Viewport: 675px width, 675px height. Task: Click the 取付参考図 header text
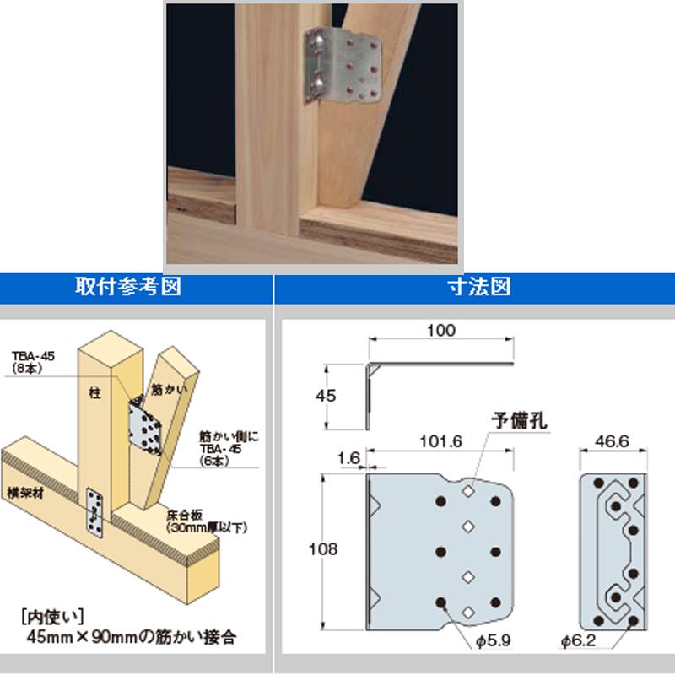point(136,287)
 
